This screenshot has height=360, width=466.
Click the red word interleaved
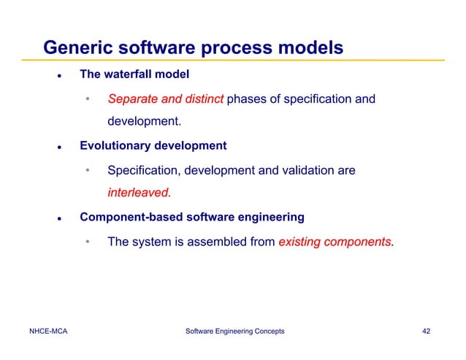[x=138, y=194]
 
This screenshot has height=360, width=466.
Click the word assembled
[x=214, y=242]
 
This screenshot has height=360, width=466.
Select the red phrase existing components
[x=335, y=242]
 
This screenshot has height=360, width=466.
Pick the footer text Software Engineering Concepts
[x=235, y=332]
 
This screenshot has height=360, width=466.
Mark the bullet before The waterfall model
[x=57, y=76]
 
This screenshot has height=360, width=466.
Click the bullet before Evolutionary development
[x=57, y=147]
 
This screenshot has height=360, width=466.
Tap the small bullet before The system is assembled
[x=87, y=242]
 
